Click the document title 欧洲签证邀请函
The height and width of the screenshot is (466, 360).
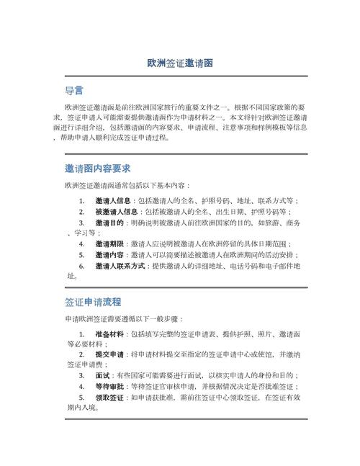[x=179, y=63]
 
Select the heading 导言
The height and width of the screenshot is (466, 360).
[x=74, y=91]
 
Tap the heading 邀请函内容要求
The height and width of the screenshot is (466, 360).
[x=97, y=168]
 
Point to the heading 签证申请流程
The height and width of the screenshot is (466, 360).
[x=93, y=301]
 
